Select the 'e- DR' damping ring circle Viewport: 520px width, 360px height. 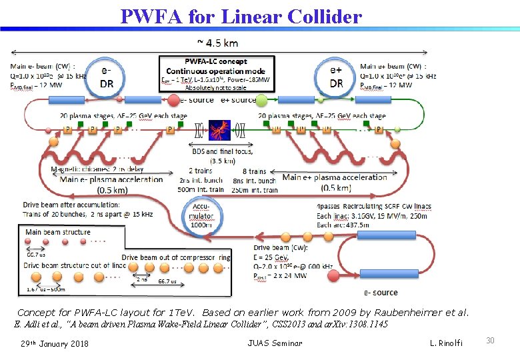pos(106,77)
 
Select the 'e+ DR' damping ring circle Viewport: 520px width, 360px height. pos(336,77)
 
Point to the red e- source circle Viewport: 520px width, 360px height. pos(172,100)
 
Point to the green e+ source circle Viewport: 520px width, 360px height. pos(262,100)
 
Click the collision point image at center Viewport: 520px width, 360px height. pos(219,129)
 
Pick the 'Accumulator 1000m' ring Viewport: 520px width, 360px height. pos(201,216)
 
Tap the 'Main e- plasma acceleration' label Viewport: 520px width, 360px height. pos(111,179)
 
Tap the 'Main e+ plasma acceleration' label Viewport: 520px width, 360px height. pos(335,177)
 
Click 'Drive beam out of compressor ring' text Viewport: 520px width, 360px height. pos(176,257)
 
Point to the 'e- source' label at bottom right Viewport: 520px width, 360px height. pos(381,292)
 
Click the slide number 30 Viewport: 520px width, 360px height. pos(491,341)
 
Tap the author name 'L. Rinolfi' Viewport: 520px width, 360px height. pos(446,343)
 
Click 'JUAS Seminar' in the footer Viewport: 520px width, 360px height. pos(275,343)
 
